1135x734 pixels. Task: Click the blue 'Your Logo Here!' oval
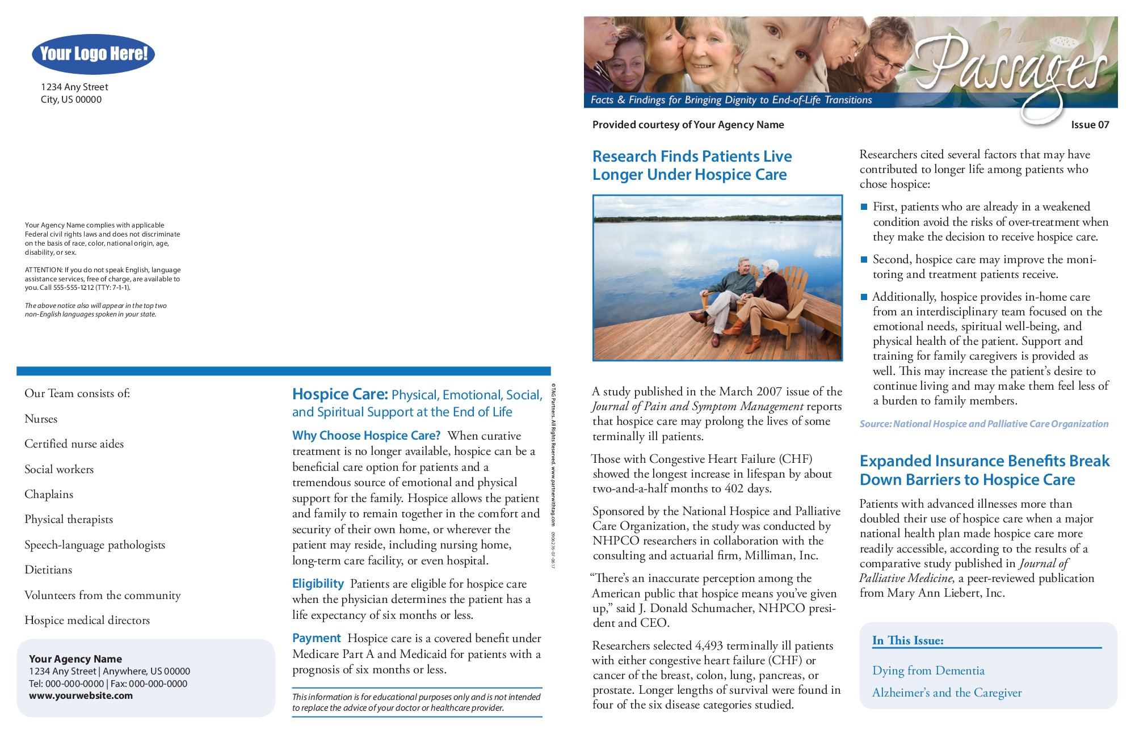[x=93, y=54]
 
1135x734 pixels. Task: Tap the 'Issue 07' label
[x=1090, y=125]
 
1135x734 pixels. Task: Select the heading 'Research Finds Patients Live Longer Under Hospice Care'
[x=691, y=165]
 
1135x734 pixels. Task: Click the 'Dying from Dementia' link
[x=928, y=670]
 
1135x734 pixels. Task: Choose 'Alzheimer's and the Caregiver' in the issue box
[x=947, y=693]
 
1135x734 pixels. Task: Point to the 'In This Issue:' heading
[x=907, y=640]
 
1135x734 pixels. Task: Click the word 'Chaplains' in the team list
[x=49, y=494]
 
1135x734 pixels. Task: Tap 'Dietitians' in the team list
[x=48, y=570]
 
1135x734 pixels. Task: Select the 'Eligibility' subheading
[x=318, y=584]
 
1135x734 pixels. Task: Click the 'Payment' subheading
[x=316, y=638]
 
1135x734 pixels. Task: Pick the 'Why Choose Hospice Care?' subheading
[x=366, y=436]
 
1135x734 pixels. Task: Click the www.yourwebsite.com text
[x=81, y=696]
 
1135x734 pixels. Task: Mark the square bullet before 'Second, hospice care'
[x=864, y=260]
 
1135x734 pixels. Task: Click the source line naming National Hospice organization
[x=983, y=424]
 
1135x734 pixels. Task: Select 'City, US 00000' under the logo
[x=71, y=100]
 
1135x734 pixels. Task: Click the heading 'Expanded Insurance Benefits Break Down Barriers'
[x=984, y=470]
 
